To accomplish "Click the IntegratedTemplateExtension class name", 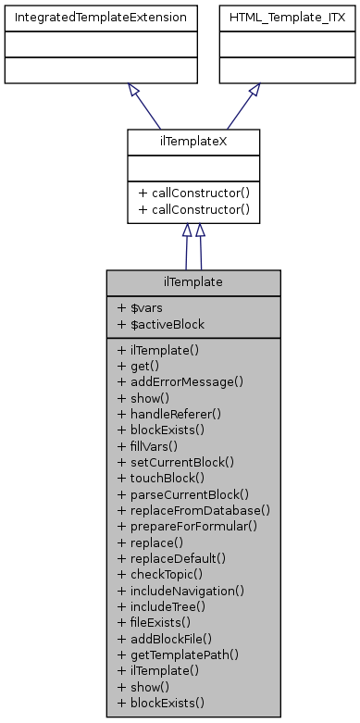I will pos(98,17).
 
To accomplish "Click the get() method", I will pos(135,366).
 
